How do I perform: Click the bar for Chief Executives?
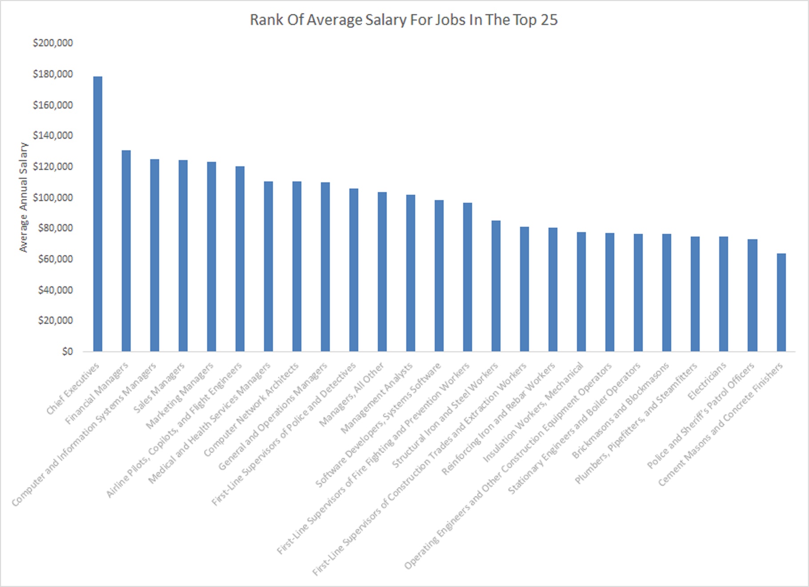click(98, 214)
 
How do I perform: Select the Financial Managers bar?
click(126, 251)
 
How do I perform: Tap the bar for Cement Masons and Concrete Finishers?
click(781, 302)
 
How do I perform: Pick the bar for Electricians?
click(724, 294)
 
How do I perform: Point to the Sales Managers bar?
click(183, 256)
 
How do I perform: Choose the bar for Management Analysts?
click(411, 273)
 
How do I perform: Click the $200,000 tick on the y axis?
click(53, 43)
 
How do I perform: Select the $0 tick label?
click(67, 352)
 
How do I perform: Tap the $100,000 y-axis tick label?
click(53, 197)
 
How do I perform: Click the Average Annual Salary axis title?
click(23, 197)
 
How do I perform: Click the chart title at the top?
click(403, 20)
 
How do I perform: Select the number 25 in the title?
click(549, 20)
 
